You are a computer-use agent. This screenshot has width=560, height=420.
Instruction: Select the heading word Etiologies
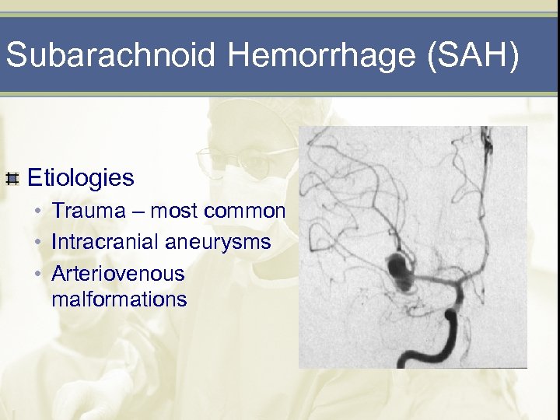(81, 178)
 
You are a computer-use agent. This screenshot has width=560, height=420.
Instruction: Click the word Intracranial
(105, 243)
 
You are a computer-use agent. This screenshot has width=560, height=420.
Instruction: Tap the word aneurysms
(218, 243)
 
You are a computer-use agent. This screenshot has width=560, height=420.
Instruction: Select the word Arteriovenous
(117, 274)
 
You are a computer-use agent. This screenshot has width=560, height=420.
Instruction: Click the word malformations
(119, 299)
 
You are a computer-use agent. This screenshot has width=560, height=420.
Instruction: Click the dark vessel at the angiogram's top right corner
(487, 141)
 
